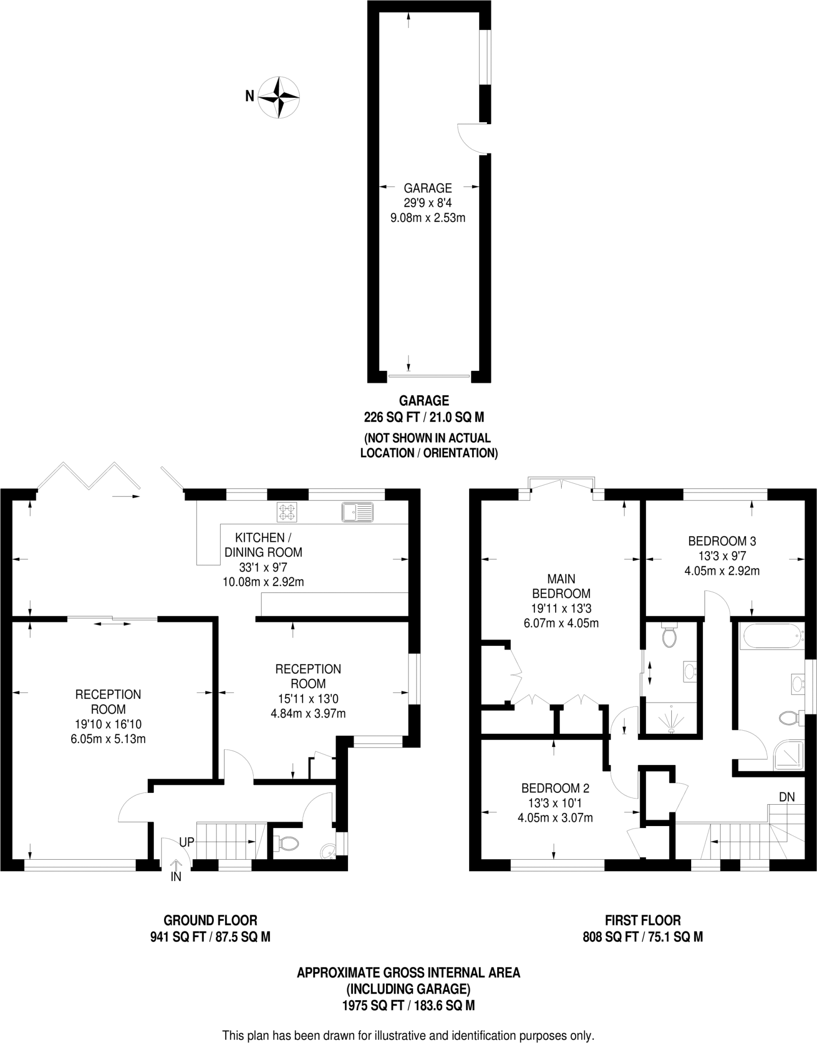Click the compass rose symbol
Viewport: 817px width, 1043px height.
click(x=279, y=97)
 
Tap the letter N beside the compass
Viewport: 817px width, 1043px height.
click(x=250, y=96)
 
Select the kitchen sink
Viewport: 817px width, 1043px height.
click(x=358, y=512)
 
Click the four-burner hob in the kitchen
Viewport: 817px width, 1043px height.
click(x=287, y=512)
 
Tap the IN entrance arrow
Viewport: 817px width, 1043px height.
click(x=176, y=866)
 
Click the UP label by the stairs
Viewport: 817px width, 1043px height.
click(x=187, y=842)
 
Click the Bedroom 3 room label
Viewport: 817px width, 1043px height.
click(x=722, y=541)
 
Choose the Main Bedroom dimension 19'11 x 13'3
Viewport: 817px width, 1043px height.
click(x=561, y=608)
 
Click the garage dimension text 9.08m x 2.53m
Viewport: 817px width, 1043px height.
click(x=428, y=218)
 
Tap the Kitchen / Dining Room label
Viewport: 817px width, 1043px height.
click(x=263, y=544)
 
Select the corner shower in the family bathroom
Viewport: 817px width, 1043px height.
click(x=788, y=756)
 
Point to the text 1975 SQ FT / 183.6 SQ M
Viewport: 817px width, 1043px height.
click(x=408, y=1005)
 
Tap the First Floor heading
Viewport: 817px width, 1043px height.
click(x=643, y=920)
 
